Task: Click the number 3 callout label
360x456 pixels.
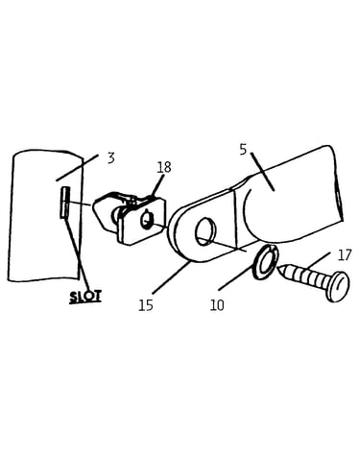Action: pos(110,158)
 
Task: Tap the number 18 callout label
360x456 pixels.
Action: pos(164,167)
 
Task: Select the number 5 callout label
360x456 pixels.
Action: pos(244,150)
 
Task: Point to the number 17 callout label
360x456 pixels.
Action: pos(345,255)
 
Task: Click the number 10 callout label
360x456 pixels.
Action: pos(217,305)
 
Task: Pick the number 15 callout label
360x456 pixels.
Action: pos(146,305)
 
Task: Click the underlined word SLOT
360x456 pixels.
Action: pos(85,297)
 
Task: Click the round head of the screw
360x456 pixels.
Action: pos(338,286)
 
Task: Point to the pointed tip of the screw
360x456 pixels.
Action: pos(278,268)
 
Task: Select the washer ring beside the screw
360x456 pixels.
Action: pos(266,262)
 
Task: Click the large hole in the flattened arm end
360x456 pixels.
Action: pos(204,231)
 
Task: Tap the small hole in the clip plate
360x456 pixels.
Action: pos(147,220)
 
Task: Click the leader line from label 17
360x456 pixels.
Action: pos(319,260)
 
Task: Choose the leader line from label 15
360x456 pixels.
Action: pos(171,277)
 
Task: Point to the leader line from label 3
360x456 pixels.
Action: pos(77,168)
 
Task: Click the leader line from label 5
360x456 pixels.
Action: pos(262,172)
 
